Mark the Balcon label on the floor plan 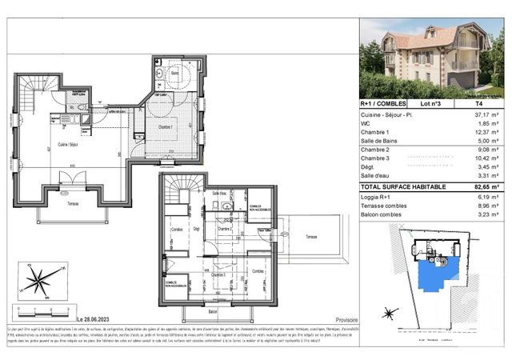point(212,310)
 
